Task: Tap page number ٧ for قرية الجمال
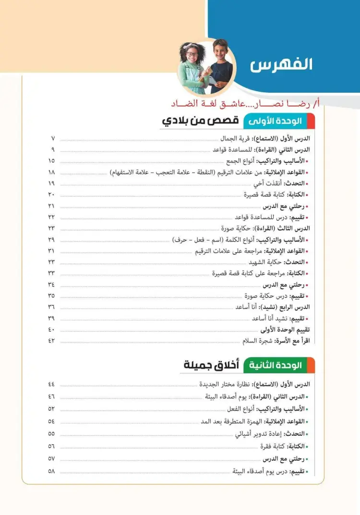52,138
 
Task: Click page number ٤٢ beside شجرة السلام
51,341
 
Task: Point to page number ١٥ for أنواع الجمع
51,161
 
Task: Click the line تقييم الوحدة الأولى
285,330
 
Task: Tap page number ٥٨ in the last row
51,471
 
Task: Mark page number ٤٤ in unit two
51,384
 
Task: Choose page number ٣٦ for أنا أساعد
51,307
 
